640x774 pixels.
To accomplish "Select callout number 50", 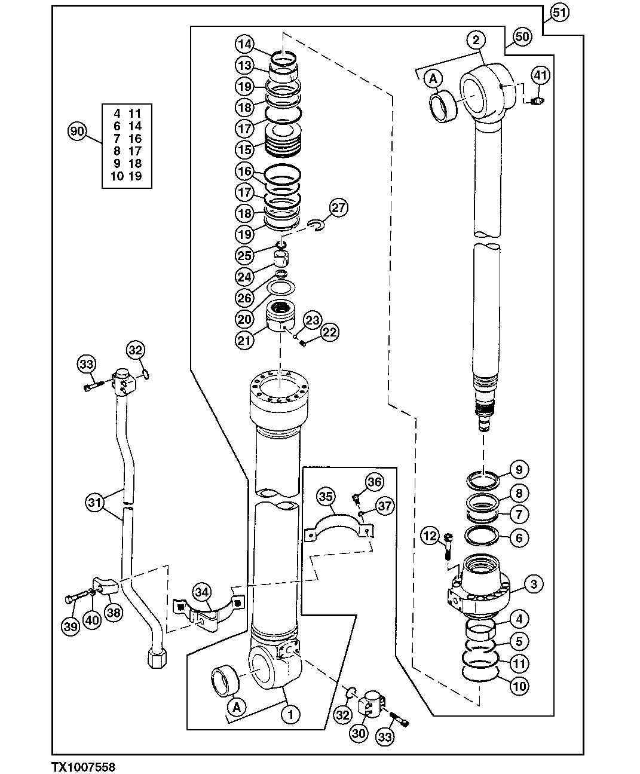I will click(522, 36).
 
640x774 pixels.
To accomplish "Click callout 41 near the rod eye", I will click(540, 76).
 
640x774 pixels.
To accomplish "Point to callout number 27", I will click(338, 209).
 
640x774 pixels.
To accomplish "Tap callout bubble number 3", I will click(534, 583).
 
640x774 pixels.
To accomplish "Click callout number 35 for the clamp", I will click(325, 496).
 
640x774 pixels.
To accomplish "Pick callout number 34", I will click(202, 592).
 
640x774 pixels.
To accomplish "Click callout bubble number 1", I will click(290, 714).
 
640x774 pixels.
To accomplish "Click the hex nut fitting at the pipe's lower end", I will click(157, 658).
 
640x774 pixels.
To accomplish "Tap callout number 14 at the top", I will click(244, 44).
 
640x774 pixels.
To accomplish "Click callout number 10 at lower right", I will click(519, 686).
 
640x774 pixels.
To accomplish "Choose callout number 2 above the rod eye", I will click(476, 40).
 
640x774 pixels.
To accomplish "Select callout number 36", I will click(375, 481).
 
